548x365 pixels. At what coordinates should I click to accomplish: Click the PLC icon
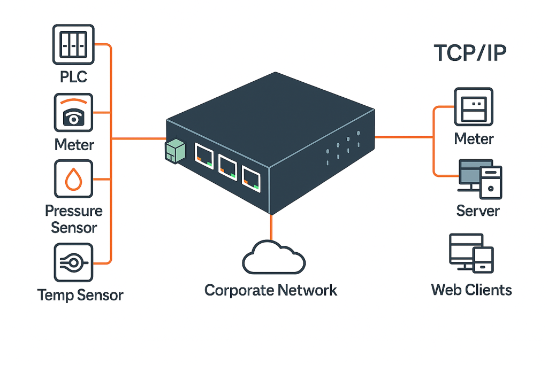click(74, 44)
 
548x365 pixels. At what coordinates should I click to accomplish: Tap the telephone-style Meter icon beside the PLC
click(74, 113)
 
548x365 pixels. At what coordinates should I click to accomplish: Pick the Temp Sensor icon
click(74, 262)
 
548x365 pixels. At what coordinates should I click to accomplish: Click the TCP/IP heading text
click(470, 55)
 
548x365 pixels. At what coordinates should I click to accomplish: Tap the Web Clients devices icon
click(471, 253)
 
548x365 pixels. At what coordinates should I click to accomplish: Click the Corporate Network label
click(271, 290)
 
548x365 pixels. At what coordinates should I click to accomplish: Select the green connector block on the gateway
click(175, 152)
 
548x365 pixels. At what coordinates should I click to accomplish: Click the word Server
click(478, 210)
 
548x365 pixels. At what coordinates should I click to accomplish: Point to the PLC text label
click(73, 76)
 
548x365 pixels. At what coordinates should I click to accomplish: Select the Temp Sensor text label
click(80, 294)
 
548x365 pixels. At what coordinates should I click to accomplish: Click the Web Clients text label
click(471, 290)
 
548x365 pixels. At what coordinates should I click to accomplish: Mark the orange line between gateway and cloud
click(271, 227)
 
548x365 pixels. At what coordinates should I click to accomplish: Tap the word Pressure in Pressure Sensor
click(74, 210)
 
